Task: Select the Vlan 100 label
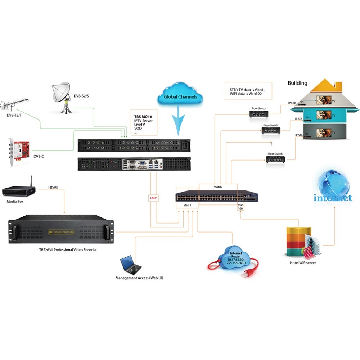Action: coord(240,207)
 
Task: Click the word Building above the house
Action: coord(297,83)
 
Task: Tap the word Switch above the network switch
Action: coord(218,187)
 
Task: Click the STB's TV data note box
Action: coord(248,91)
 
